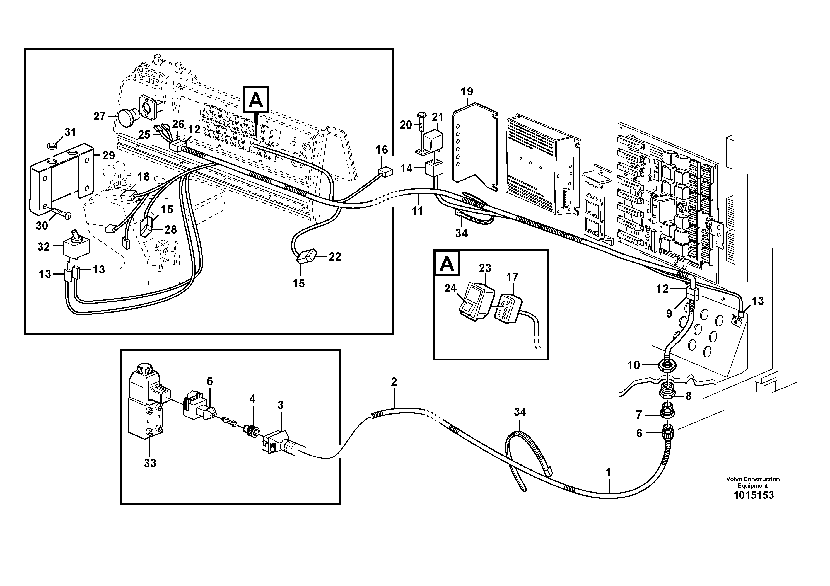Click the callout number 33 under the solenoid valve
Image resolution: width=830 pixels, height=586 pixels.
[x=150, y=463]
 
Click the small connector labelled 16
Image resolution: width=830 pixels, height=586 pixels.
[x=386, y=172]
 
